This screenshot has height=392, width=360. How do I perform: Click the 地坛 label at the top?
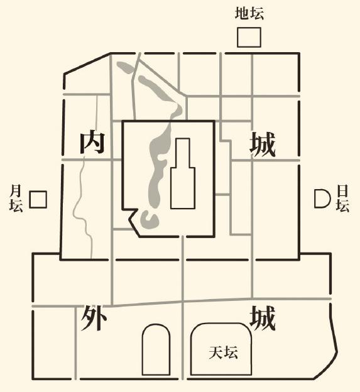point(249,13)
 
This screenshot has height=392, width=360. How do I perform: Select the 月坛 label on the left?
point(16,199)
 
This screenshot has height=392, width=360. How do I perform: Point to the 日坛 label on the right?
point(342,199)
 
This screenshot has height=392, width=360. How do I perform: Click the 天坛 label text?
point(223,352)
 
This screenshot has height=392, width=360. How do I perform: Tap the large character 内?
point(92,143)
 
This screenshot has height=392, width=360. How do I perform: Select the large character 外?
point(94,318)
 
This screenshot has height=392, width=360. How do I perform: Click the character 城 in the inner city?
point(263,144)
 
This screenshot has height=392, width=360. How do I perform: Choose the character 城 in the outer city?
point(263,318)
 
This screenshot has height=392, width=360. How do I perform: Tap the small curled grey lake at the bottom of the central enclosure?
point(150,220)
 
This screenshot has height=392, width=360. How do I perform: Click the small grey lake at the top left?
point(126,67)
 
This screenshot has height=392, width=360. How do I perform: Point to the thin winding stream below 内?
point(82,207)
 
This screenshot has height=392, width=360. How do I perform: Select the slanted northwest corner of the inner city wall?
point(87,63)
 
